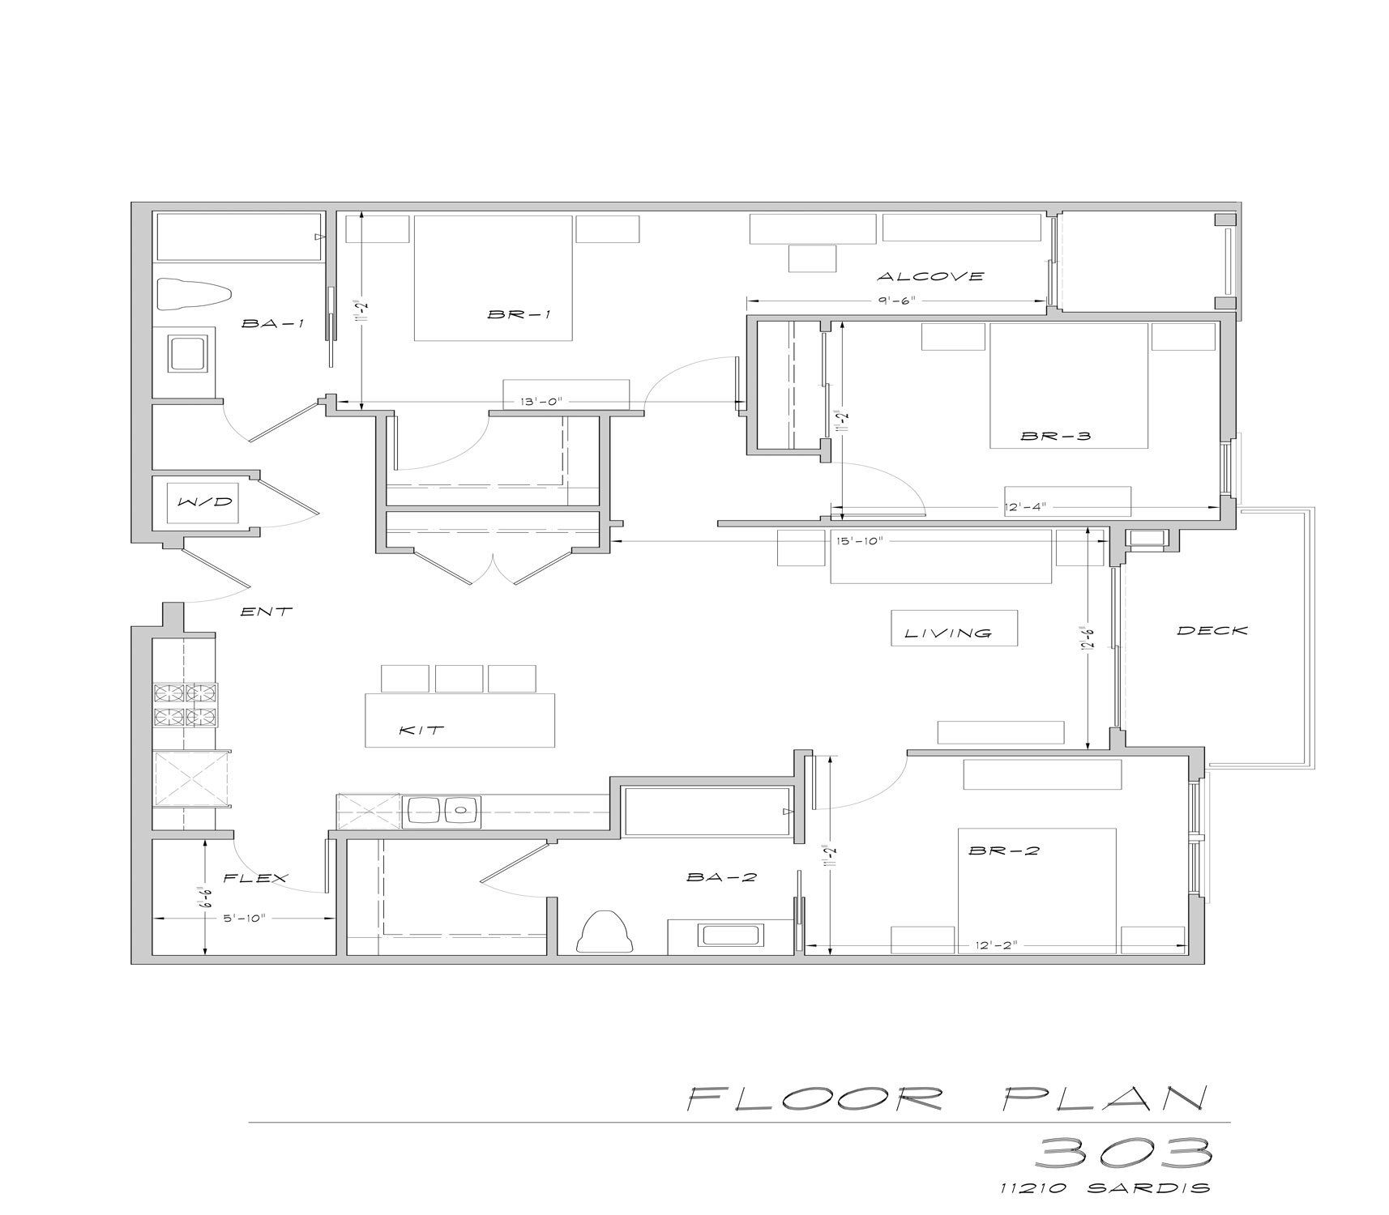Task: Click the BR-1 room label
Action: point(519,314)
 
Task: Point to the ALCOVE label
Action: point(930,276)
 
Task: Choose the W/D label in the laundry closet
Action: point(205,502)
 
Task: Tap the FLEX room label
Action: point(256,878)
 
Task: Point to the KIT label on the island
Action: point(421,730)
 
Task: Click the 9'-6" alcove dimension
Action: point(895,301)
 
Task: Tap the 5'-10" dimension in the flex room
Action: point(244,918)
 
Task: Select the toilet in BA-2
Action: point(605,932)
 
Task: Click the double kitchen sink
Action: point(442,811)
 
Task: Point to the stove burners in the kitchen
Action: point(185,705)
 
